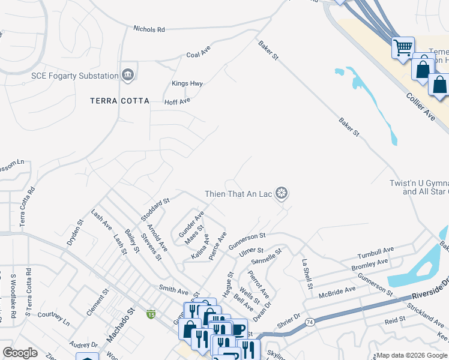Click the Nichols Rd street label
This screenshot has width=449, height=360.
pyautogui.click(x=149, y=29)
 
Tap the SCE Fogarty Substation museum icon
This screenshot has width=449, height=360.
pyautogui.click(x=128, y=75)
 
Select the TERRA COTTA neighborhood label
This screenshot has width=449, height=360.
pyautogui.click(x=119, y=101)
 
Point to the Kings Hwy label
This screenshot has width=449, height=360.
pyautogui.click(x=187, y=83)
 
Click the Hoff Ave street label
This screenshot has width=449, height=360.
pyautogui.click(x=177, y=101)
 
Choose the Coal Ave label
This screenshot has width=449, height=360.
pyautogui.click(x=198, y=54)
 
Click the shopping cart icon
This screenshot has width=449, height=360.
pyautogui.click(x=403, y=47)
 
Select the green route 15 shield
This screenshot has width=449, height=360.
pyautogui.click(x=150, y=314)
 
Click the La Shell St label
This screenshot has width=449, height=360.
pyautogui.click(x=307, y=274)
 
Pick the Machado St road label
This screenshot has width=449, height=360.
pyautogui.click(x=119, y=328)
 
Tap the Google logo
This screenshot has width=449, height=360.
pyautogui.click(x=20, y=353)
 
